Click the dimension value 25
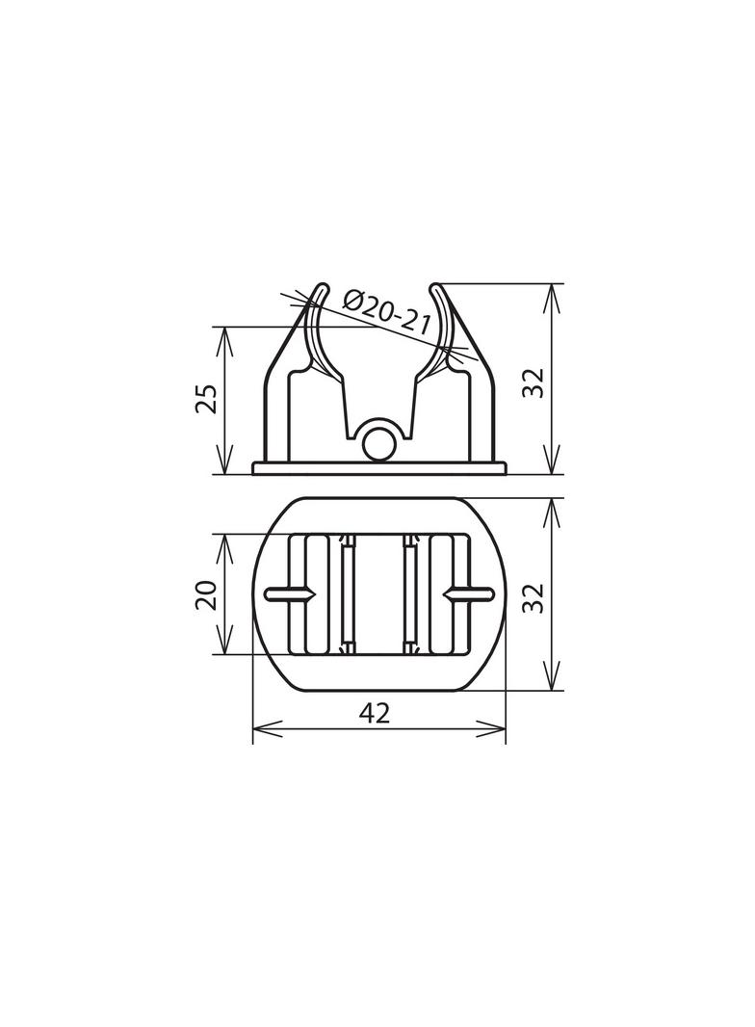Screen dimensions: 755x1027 pyautogui.click(x=206, y=398)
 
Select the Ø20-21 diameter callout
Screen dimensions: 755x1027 pyautogui.click(x=387, y=310)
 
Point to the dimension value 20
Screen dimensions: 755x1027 pyautogui.click(x=206, y=594)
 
